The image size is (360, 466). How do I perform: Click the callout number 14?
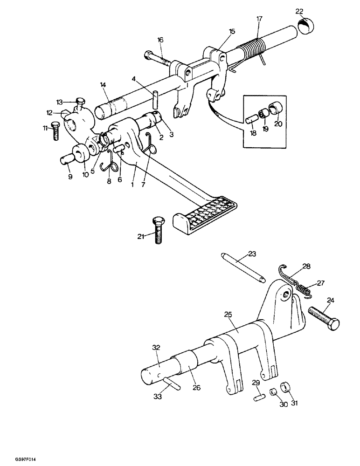[103, 85]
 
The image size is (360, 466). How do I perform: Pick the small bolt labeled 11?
[55, 131]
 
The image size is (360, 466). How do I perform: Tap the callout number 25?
[228, 315]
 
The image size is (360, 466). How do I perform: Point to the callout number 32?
[155, 347]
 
